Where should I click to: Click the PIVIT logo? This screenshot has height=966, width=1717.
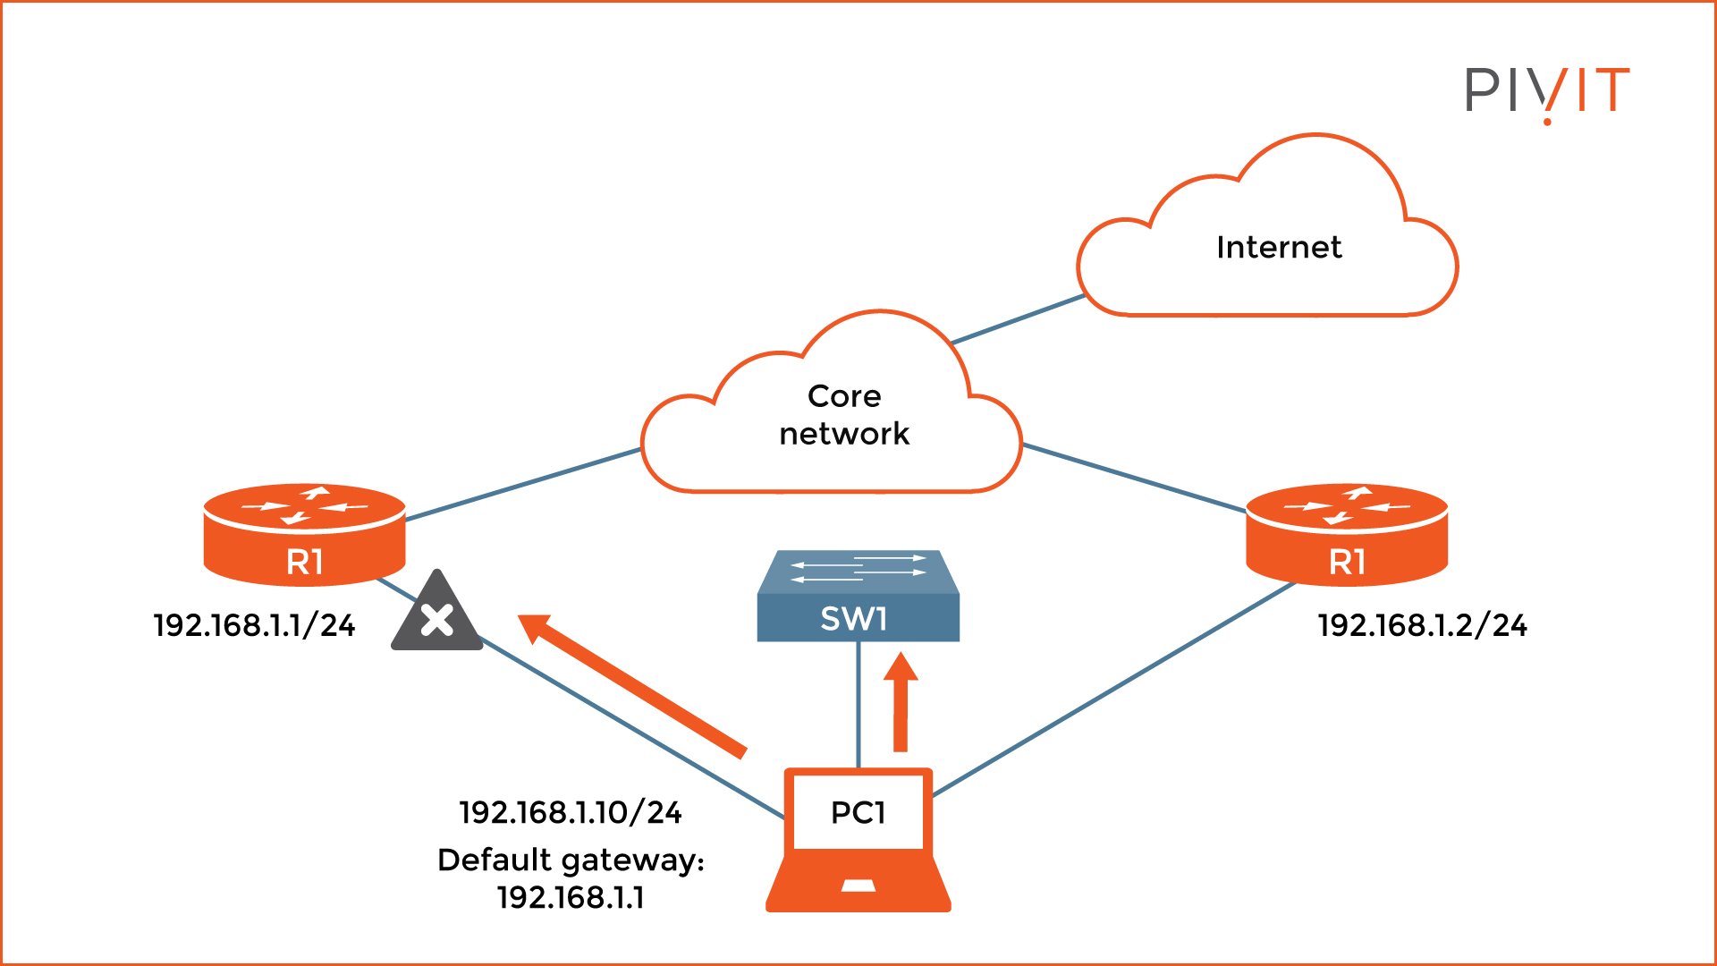click(x=1546, y=92)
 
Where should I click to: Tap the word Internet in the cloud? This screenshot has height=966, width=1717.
click(x=1279, y=248)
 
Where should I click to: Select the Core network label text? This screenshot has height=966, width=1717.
click(x=843, y=415)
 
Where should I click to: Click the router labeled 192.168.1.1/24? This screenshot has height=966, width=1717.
click(x=304, y=535)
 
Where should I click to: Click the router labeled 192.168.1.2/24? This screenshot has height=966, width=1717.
click(x=1347, y=535)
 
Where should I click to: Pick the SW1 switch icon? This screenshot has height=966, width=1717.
click(x=858, y=597)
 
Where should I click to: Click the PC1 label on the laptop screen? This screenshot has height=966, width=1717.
click(x=858, y=812)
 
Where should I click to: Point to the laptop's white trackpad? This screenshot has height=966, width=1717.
click(x=858, y=886)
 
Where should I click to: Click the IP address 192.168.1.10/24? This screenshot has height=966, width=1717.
click(x=571, y=812)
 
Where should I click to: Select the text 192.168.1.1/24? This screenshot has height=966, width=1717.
click(x=254, y=625)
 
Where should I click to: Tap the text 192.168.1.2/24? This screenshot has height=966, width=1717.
click(x=1422, y=625)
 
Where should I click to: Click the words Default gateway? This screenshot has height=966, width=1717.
click(x=571, y=860)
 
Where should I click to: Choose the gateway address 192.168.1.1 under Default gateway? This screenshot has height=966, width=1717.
click(x=571, y=897)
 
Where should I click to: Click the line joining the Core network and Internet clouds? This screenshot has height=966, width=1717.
click(x=1018, y=319)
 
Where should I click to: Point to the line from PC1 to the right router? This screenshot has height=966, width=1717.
click(x=1113, y=689)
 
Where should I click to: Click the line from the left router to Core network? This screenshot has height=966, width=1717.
click(x=523, y=484)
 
